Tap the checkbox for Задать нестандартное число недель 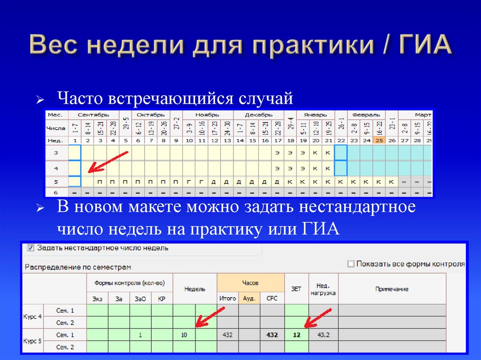[x=31, y=247]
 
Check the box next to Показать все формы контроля [x=350, y=264]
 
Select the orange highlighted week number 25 [x=379, y=140]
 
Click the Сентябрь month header [x=93, y=115]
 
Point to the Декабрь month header [x=259, y=115]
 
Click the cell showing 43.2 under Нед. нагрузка [x=323, y=335]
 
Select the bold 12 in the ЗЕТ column [x=296, y=335]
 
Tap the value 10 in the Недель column [x=184, y=335]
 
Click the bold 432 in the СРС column [x=272, y=335]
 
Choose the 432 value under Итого [x=227, y=335]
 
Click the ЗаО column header [x=140, y=299]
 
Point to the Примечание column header [x=391, y=289]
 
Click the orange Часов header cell [x=250, y=283]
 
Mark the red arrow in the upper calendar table [x=108, y=162]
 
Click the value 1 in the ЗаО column [x=140, y=335]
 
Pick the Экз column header [x=97, y=299]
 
